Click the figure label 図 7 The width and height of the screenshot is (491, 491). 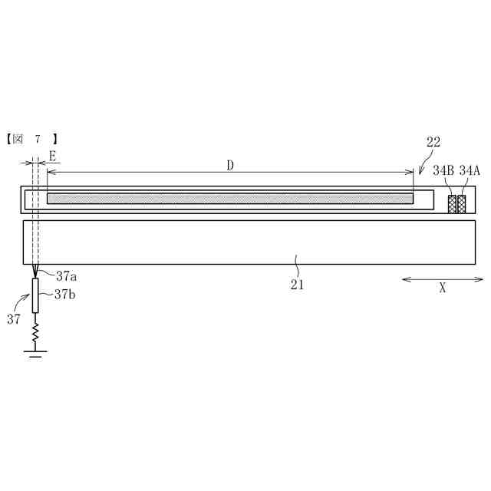[32, 139]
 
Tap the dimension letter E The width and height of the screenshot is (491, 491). [52, 156]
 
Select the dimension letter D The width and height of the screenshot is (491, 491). [230, 166]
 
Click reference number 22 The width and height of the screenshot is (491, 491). [433, 142]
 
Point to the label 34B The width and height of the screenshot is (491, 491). [443, 170]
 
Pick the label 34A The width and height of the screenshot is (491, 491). [470, 170]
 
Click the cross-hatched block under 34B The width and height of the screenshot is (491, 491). [452, 204]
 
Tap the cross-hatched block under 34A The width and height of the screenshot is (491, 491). [462, 204]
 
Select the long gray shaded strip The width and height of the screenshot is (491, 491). [230, 199]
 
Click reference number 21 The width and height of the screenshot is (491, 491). [297, 285]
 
